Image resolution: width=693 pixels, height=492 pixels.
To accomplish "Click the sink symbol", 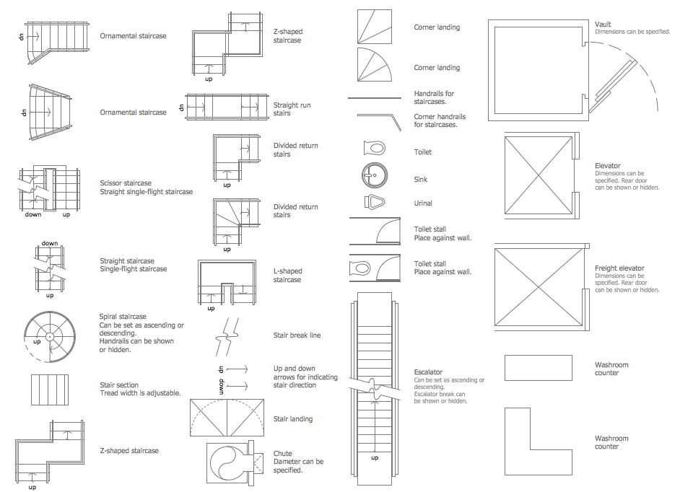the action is (375, 175).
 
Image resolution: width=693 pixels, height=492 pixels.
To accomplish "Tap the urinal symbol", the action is (375, 202).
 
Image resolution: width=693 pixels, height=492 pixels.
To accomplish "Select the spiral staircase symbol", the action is (50, 337).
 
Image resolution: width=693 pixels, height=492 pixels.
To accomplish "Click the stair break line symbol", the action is (227, 337).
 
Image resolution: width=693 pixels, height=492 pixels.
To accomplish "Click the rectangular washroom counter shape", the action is (539, 368).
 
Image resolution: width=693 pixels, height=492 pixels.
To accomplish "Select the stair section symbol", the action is (50, 390).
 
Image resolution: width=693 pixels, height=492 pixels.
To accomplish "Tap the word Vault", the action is (603, 25).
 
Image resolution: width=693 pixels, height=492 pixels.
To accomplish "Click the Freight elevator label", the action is (619, 268).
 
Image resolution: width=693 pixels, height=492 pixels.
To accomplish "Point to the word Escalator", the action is (428, 372).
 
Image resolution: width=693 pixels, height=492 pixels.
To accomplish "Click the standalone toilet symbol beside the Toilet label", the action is (375, 148).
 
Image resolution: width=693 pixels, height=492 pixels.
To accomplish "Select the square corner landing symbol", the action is (375, 27).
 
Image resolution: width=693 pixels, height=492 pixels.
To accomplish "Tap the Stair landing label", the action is (292, 418).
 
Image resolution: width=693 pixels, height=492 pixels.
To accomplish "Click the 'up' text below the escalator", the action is (375, 458).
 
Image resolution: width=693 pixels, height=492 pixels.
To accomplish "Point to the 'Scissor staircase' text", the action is (126, 183).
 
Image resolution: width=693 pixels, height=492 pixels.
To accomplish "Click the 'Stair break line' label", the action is (297, 335).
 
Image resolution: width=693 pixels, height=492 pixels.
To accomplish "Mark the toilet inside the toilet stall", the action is (359, 268).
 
